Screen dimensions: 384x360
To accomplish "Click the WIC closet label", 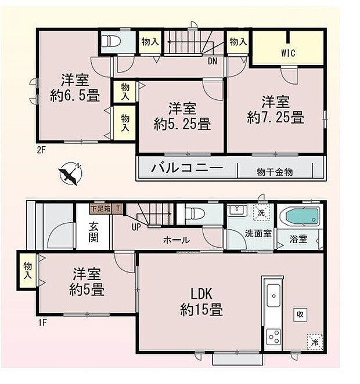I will click(x=289, y=53).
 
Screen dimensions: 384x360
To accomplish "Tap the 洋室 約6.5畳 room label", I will click(x=74, y=88).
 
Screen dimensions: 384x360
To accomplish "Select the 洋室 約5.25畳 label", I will click(x=182, y=115).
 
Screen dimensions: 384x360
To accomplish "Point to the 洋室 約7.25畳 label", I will click(x=275, y=110).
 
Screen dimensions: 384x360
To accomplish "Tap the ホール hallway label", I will click(x=176, y=239).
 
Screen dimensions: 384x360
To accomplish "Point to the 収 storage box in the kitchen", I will click(x=300, y=314).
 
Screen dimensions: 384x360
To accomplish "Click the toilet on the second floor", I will click(x=111, y=41).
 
